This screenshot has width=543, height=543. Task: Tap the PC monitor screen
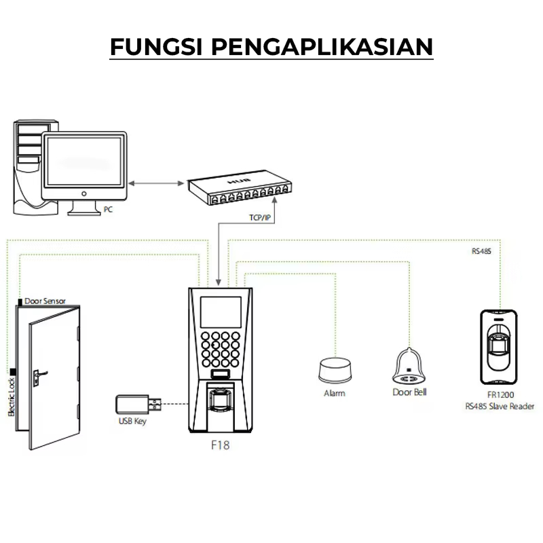[84, 160]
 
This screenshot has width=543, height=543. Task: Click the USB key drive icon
[138, 405]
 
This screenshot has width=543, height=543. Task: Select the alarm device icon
[334, 369]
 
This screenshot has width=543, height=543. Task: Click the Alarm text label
[334, 393]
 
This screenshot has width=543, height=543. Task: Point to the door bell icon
[410, 367]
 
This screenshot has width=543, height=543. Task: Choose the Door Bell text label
[410, 392]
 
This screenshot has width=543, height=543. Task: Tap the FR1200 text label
[499, 395]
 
